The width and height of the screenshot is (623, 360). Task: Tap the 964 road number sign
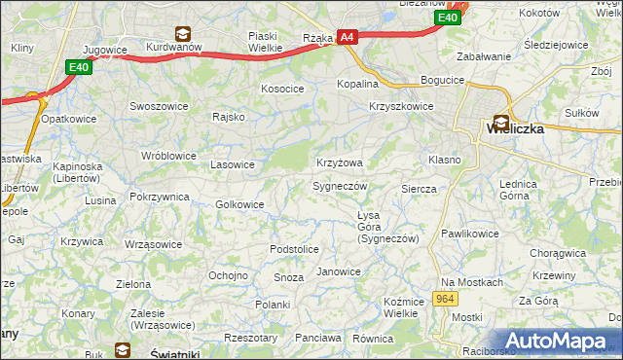pyautogui.click(x=446, y=300)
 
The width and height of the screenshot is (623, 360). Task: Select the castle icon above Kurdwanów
pyautogui.click(x=180, y=31)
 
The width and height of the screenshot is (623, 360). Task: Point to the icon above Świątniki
pyautogui.click(x=122, y=348)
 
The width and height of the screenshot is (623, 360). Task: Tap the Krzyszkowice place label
pyautogui.click(x=400, y=107)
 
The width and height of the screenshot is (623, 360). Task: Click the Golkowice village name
pyautogui.click(x=239, y=204)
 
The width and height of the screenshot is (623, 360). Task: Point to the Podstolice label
pyautogui.click(x=294, y=249)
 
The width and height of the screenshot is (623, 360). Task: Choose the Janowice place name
pyautogui.click(x=339, y=271)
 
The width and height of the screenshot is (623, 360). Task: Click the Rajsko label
pyautogui.click(x=228, y=117)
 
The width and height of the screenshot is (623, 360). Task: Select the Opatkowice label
pyautogui.click(x=67, y=119)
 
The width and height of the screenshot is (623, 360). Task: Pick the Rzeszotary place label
pyautogui.click(x=250, y=338)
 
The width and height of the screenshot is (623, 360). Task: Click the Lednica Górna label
pyautogui.click(x=518, y=189)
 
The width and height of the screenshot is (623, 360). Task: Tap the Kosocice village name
pyautogui.click(x=282, y=89)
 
